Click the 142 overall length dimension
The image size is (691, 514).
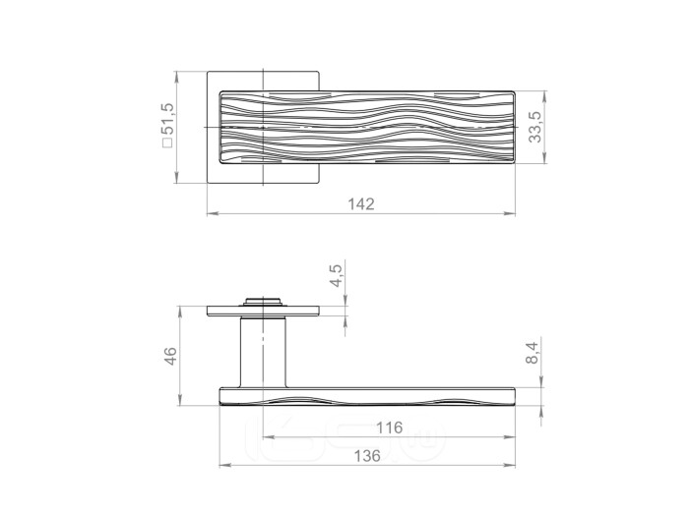click(361, 204)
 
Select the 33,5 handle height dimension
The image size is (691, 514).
click(535, 127)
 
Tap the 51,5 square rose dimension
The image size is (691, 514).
click(168, 119)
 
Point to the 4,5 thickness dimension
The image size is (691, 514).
click(336, 275)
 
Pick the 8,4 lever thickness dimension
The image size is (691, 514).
click(533, 353)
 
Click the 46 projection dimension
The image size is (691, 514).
click(170, 356)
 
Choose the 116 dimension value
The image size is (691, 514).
click(390, 428)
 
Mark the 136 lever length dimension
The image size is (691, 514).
click(367, 456)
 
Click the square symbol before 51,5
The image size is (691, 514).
click(168, 143)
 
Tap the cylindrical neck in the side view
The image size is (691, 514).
click(263, 352)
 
